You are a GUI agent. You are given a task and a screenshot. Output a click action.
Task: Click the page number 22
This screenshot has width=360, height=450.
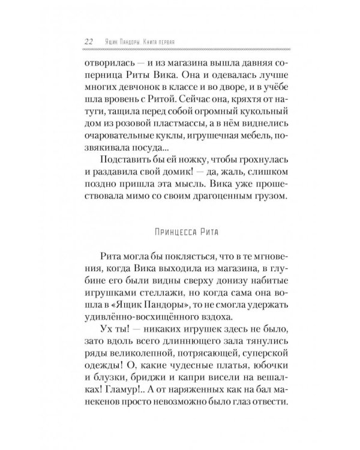88,42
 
